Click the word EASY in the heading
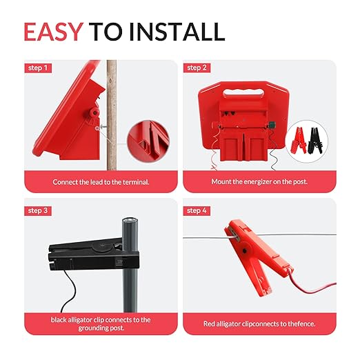[x=53, y=32]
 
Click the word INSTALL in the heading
[x=177, y=32]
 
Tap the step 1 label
[x=38, y=68]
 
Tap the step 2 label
[x=197, y=68]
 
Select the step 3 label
[x=38, y=210]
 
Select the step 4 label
[x=197, y=210]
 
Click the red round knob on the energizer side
[x=94, y=112]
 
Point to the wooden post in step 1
[x=112, y=115]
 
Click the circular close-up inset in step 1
[x=148, y=141]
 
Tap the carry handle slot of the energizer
[x=243, y=92]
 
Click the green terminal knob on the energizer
[x=272, y=126]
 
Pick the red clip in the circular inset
[x=299, y=140]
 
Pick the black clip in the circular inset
[x=315, y=141]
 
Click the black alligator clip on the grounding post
[x=94, y=255]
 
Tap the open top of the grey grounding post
[x=130, y=220]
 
